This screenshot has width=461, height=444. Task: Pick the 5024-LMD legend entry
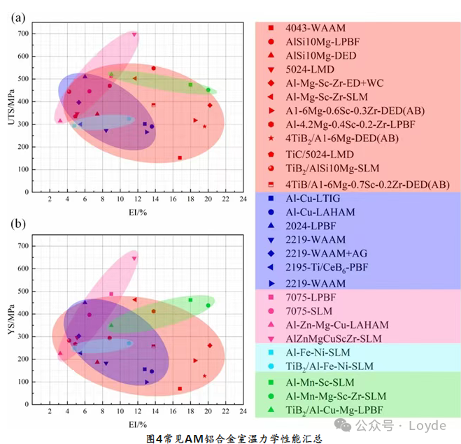pos(310,69)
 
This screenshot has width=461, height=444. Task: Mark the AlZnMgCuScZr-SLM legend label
pos(334,338)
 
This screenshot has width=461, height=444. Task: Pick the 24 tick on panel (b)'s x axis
pos(243,413)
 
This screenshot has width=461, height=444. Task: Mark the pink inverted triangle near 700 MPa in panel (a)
pos(134,34)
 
